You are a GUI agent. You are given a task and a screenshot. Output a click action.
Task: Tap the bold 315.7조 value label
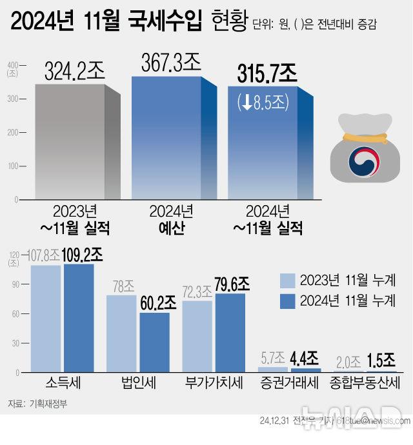[267, 75]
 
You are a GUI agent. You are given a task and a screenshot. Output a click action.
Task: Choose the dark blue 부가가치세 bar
[230, 333]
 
